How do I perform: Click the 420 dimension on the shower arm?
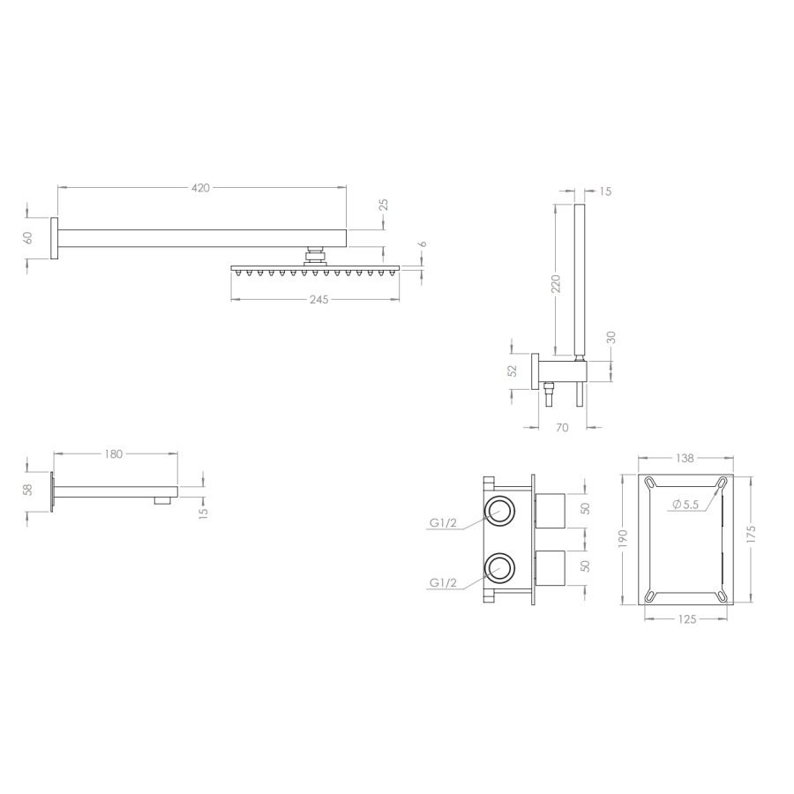[200, 188]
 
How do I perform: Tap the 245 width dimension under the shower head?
[319, 300]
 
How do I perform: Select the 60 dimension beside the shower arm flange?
[28, 237]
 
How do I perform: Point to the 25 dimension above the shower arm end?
[384, 205]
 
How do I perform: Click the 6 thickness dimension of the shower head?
[423, 244]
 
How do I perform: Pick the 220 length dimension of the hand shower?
[556, 283]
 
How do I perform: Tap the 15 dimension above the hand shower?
[605, 191]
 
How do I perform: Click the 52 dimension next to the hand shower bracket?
[513, 371]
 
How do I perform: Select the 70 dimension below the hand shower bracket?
[562, 428]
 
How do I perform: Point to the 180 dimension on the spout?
[114, 454]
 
